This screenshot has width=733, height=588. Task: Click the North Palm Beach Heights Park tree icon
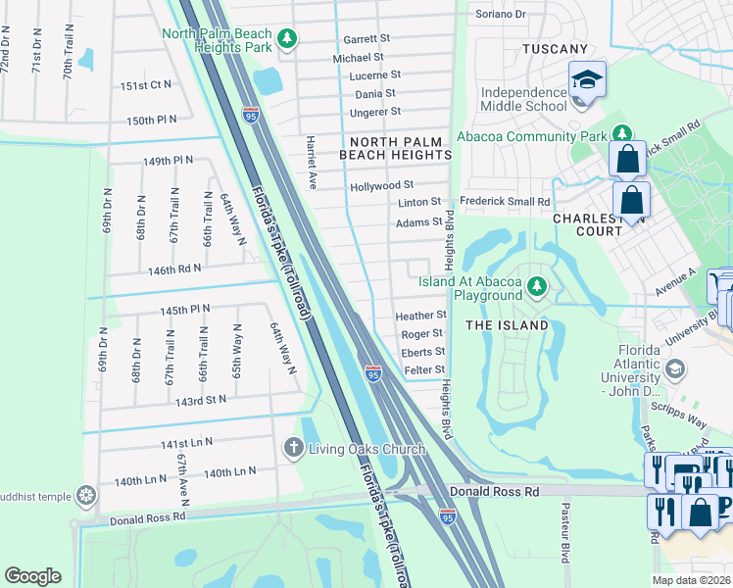pos(286,39)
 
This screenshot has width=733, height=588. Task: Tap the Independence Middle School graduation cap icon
pos(587,80)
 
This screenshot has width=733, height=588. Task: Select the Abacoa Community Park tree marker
pos(621,133)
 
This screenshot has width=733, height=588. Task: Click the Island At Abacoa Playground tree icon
pos(536,286)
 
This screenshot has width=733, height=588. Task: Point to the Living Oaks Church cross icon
pos(292,449)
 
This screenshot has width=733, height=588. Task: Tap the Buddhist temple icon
pos(87,496)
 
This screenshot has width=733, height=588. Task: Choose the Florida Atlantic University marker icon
pos(673,368)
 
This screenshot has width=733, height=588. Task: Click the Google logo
pos(32,575)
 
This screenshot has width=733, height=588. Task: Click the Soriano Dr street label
pos(501,15)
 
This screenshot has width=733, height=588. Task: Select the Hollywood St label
pos(381,185)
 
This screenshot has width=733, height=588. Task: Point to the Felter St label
pos(424,369)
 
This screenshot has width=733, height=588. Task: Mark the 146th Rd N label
pos(173,268)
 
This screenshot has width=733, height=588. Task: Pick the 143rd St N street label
pos(200,399)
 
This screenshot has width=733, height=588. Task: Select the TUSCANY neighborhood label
pos(555,49)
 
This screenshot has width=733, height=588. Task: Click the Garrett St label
pos(366,39)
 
